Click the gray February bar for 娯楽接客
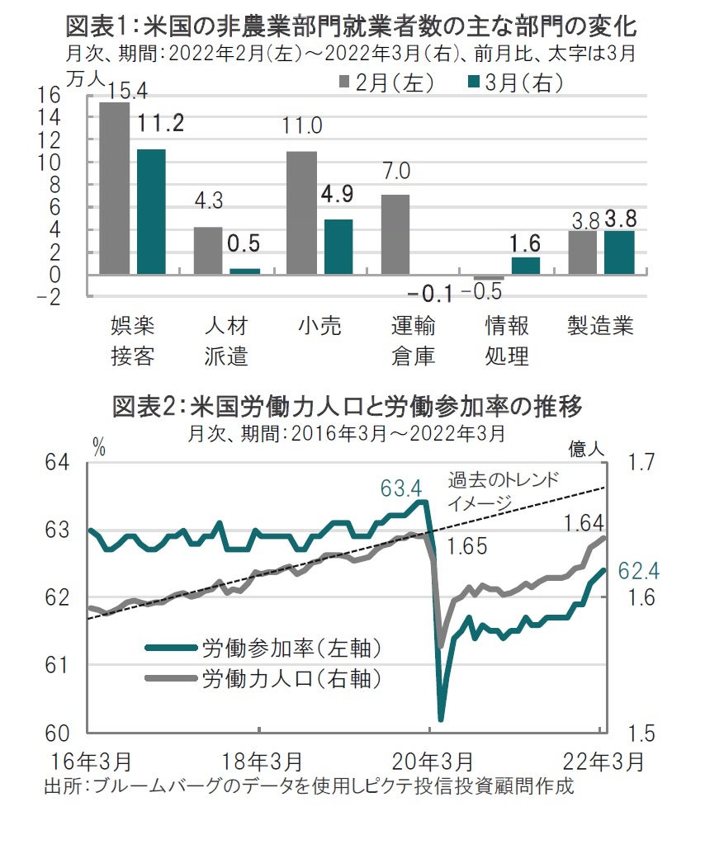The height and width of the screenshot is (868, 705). click(114, 188)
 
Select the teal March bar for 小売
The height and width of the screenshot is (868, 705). click(338, 247)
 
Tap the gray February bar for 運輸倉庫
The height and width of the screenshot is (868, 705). click(395, 234)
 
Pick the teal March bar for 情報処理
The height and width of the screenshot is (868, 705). click(526, 266)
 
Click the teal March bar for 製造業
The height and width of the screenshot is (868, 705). click(619, 252)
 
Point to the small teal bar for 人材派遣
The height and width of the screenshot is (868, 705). click(244, 271)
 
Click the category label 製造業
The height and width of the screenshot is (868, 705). click(600, 327)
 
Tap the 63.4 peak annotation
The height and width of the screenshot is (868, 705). click(401, 488)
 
